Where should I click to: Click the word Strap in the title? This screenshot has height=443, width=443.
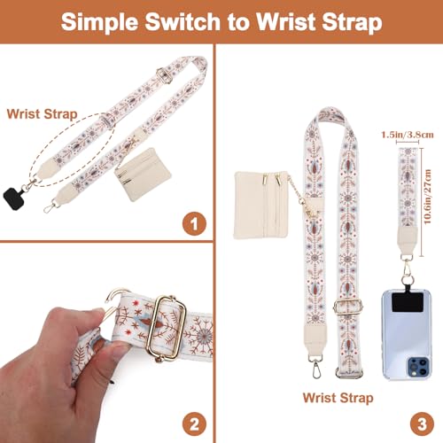(342, 21)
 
